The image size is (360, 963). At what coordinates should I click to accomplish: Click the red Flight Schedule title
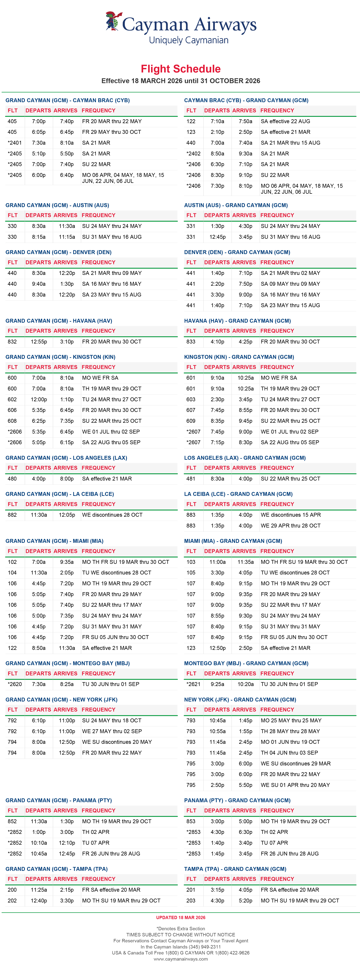click(x=180, y=69)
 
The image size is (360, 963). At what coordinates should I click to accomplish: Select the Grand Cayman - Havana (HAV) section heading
click(x=59, y=321)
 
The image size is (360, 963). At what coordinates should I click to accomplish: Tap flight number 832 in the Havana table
click(x=12, y=342)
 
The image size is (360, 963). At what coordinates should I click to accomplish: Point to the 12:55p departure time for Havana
click(x=39, y=342)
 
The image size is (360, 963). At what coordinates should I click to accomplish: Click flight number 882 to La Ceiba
click(x=12, y=515)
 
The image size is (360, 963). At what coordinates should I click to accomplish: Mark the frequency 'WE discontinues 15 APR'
click(x=291, y=515)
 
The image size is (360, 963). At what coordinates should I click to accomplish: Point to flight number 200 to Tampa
click(x=12, y=890)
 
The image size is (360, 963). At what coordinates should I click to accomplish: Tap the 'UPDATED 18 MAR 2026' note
click(x=180, y=917)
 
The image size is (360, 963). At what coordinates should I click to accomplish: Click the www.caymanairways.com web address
click(x=180, y=959)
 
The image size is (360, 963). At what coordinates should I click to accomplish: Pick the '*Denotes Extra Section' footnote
click(x=180, y=929)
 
